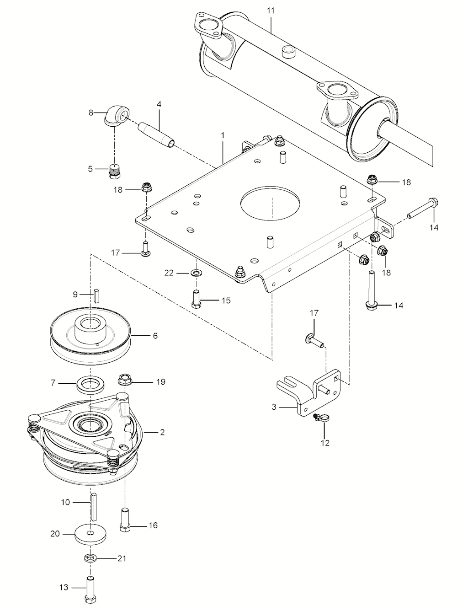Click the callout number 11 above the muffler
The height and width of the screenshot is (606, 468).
click(x=271, y=11)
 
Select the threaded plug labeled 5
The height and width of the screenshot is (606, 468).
click(x=114, y=172)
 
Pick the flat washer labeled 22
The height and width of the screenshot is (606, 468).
click(x=197, y=272)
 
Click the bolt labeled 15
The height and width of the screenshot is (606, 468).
click(x=197, y=299)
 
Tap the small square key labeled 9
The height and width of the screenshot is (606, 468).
click(x=96, y=295)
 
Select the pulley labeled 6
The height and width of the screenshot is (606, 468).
click(x=90, y=336)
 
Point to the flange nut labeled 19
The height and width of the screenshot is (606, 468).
click(x=125, y=380)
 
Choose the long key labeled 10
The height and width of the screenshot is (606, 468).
click(x=93, y=506)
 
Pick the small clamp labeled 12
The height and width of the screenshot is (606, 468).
click(x=320, y=417)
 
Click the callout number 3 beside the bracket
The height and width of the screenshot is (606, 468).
click(x=274, y=407)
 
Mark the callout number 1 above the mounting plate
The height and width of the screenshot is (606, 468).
click(x=223, y=136)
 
